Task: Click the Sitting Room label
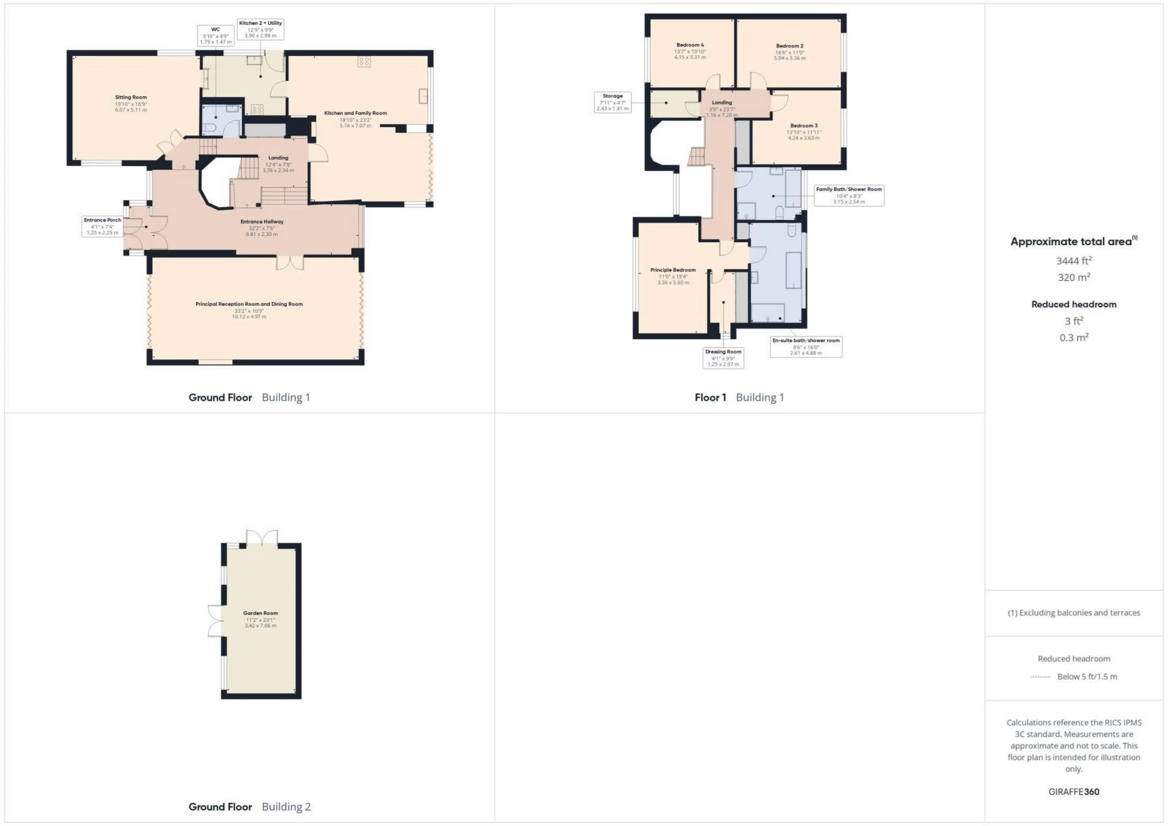click(x=131, y=103)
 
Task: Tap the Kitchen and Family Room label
click(x=355, y=119)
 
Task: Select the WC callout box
click(x=215, y=35)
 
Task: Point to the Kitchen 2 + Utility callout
click(x=260, y=29)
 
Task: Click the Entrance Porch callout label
click(x=102, y=226)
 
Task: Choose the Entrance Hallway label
click(x=262, y=227)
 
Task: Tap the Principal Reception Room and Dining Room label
click(x=249, y=310)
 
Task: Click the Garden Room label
click(x=260, y=619)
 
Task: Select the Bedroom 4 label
click(x=690, y=51)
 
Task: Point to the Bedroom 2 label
click(x=790, y=52)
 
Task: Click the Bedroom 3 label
click(x=804, y=131)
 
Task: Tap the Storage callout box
click(x=613, y=102)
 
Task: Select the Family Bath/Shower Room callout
click(x=849, y=195)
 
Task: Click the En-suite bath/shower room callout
click(x=806, y=347)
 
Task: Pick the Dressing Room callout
click(x=723, y=358)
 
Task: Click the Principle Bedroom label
click(x=673, y=276)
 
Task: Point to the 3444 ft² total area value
click(x=1074, y=261)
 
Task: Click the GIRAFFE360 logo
click(x=1074, y=792)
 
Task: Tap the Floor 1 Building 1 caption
click(x=739, y=398)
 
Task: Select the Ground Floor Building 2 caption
click(x=249, y=807)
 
